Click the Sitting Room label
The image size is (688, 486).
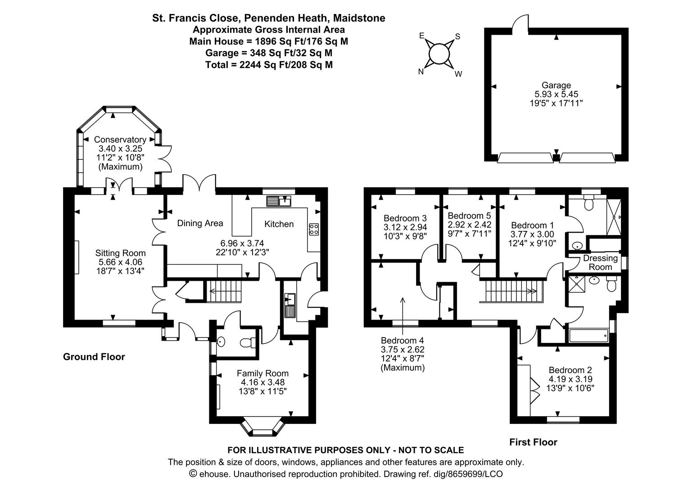[x=120, y=253]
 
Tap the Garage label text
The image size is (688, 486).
[x=556, y=85]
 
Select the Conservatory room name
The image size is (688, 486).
[x=120, y=139]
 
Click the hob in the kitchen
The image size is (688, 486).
[x=314, y=229]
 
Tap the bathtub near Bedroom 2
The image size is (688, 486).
[x=589, y=335]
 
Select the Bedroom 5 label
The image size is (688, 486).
[x=469, y=216]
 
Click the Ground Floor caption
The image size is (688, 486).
[x=94, y=357]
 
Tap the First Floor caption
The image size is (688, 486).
[x=533, y=442]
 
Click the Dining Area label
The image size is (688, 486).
[x=200, y=223]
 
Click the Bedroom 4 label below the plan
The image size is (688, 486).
[x=403, y=341]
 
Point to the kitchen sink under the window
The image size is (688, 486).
[x=279, y=201]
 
